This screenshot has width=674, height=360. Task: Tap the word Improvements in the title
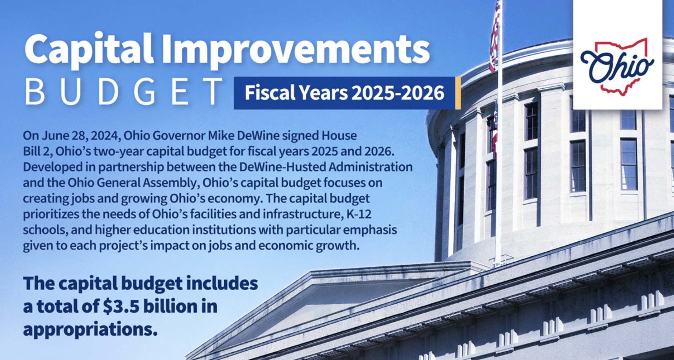[295, 50]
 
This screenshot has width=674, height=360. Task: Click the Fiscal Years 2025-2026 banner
[347, 93]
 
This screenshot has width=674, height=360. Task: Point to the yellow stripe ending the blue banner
[458, 93]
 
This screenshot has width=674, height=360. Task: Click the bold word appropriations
[90, 330]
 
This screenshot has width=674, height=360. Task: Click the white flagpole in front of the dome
[499, 133]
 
